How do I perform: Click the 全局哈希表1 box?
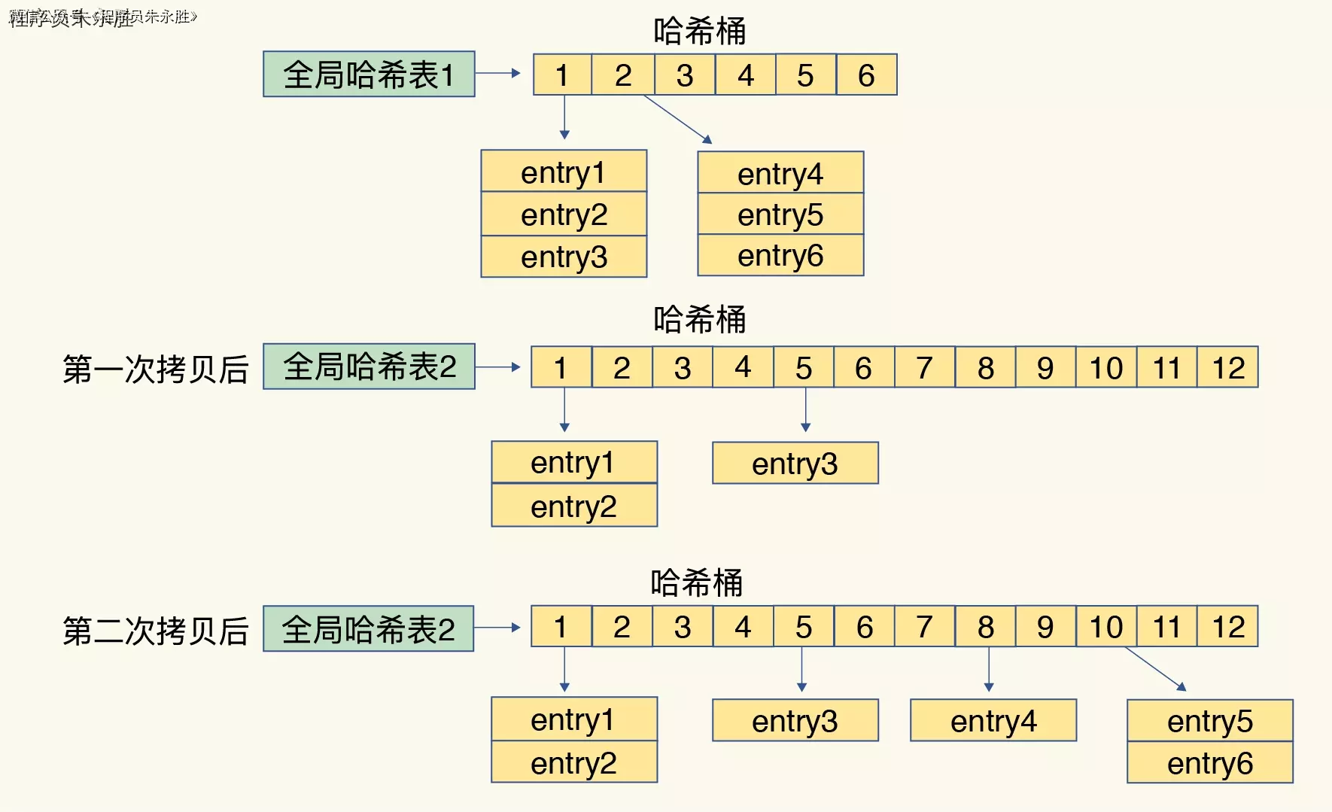tap(369, 74)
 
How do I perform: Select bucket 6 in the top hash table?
tap(866, 75)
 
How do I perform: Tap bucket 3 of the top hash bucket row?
tap(684, 75)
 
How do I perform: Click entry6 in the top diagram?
tap(780, 256)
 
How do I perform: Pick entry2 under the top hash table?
tap(564, 214)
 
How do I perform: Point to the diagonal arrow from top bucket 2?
tap(677, 119)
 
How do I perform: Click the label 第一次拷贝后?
tap(156, 369)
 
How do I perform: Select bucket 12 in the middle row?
tap(1227, 367)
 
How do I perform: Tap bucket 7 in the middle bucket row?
tap(924, 367)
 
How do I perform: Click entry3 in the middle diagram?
tap(795, 464)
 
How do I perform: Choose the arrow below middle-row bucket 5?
tap(805, 409)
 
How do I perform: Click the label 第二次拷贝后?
tap(156, 631)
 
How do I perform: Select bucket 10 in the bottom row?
tap(1105, 626)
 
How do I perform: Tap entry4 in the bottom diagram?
tap(993, 721)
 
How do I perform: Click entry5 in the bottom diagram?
tap(1210, 721)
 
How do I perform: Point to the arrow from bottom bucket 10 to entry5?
tap(1155, 668)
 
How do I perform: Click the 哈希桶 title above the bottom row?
tap(697, 582)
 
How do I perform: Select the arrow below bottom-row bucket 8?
tap(989, 669)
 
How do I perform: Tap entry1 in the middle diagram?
tap(573, 462)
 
